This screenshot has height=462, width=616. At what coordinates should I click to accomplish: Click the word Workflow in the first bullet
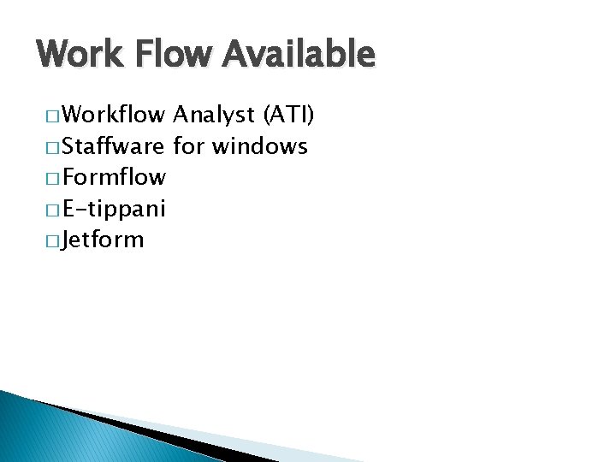point(115,115)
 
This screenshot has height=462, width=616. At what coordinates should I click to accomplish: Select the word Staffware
point(114,146)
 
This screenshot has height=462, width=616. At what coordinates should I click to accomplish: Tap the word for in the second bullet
point(189,146)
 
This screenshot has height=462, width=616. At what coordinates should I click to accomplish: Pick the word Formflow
point(115,178)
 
